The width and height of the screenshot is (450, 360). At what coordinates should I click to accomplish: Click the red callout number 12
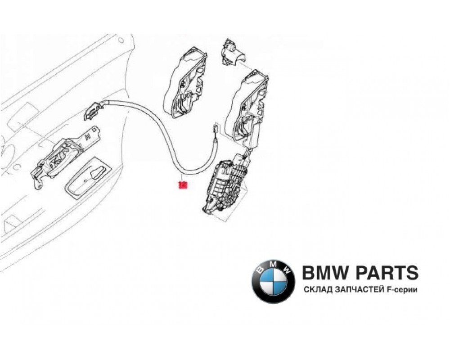click(x=183, y=184)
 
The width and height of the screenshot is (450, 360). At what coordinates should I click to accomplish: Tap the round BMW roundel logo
click(x=273, y=282)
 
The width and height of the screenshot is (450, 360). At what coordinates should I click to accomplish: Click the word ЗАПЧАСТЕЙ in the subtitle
click(x=358, y=291)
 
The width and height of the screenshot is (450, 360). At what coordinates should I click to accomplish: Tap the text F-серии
click(x=402, y=291)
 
